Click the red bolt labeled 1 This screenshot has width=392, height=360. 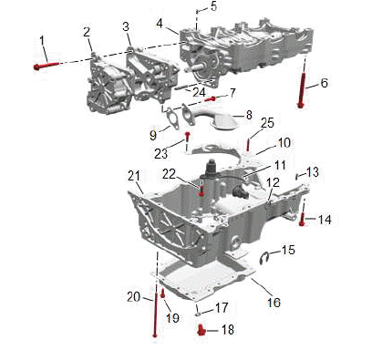point(46,66)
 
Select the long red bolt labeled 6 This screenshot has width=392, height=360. point(302,90)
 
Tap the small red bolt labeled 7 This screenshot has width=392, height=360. point(210,98)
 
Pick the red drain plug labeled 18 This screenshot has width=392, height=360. point(201,330)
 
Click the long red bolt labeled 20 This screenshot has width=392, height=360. point(156,314)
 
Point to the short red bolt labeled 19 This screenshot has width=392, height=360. point(162,293)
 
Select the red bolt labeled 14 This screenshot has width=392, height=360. point(302,220)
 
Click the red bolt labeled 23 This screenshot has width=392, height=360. point(188,137)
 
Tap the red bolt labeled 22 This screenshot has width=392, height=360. point(201,191)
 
